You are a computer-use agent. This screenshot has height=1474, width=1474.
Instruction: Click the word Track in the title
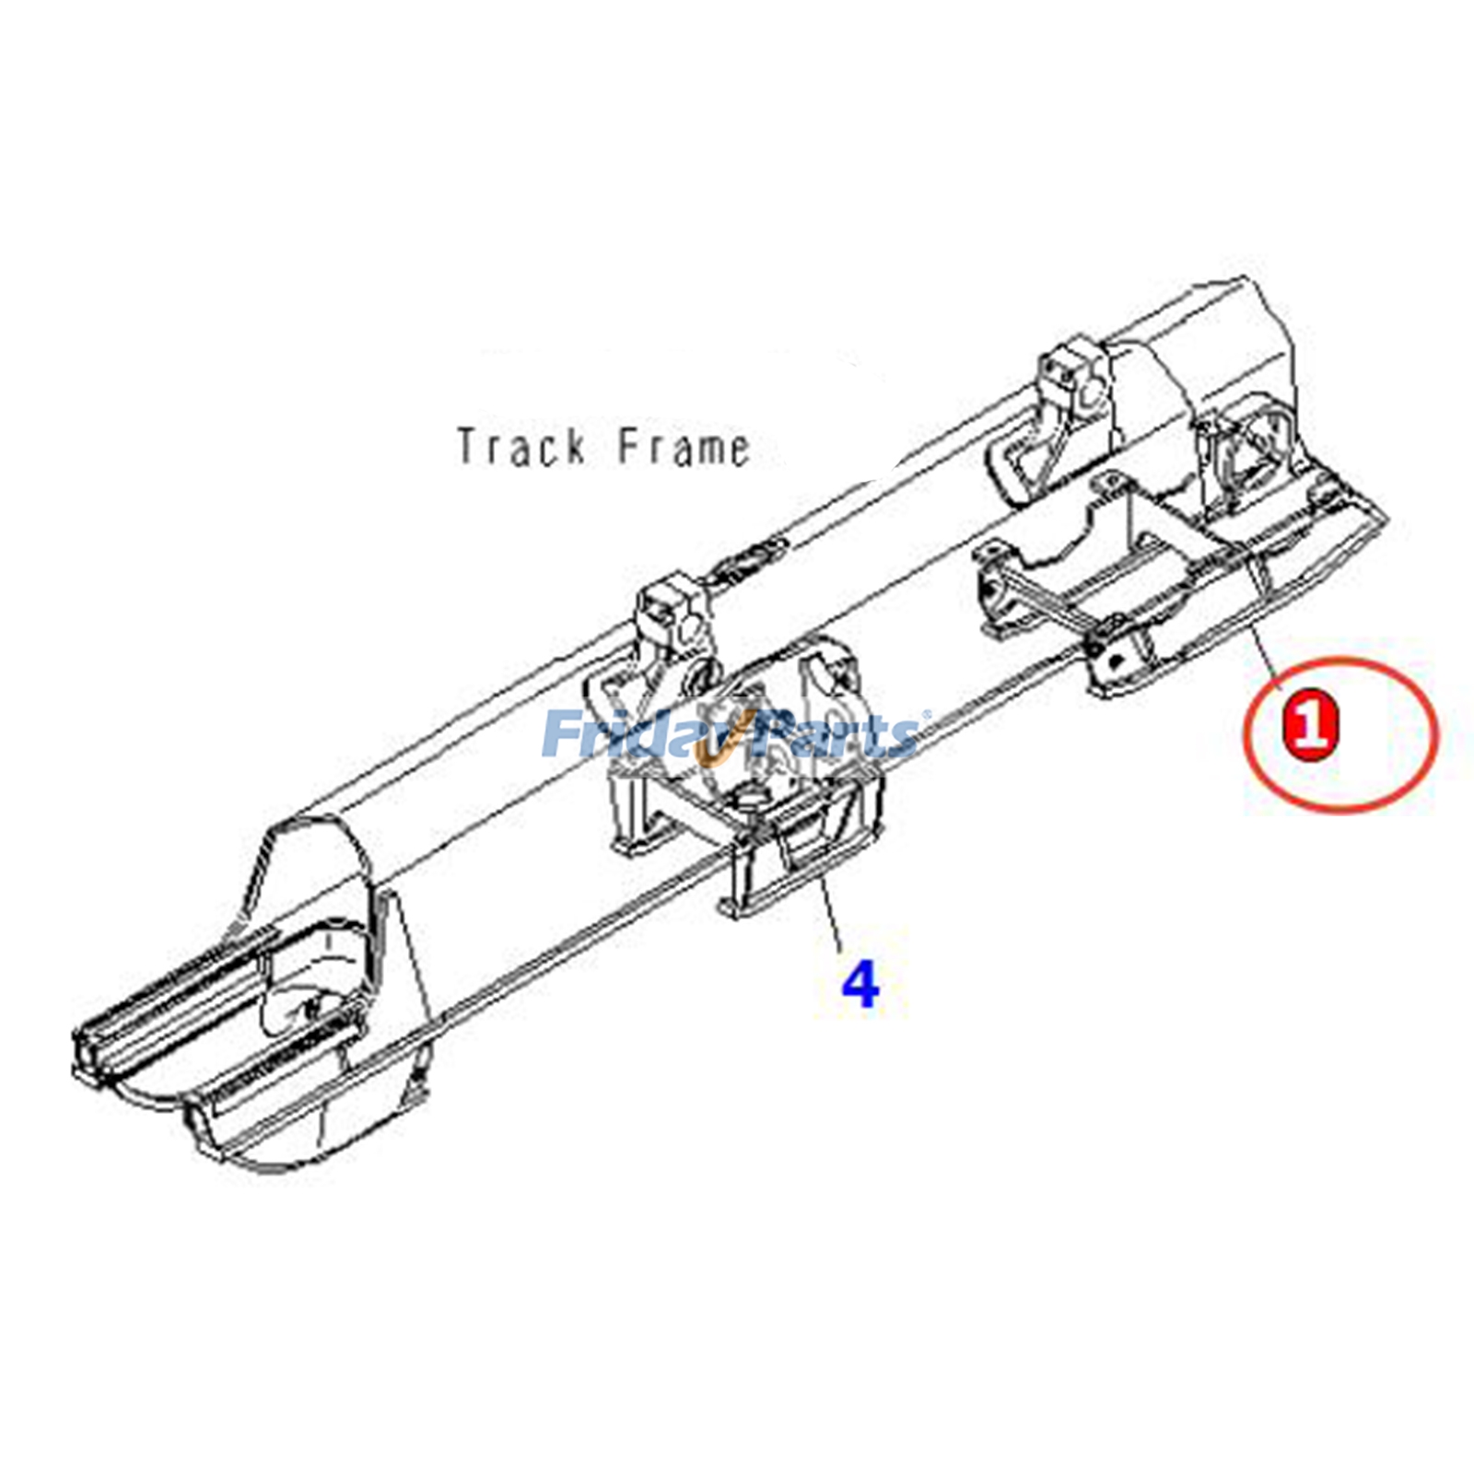pos(521,447)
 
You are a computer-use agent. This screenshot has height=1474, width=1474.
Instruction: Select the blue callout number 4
pos(860,983)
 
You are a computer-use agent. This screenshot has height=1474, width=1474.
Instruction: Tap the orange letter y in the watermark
pos(715,743)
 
